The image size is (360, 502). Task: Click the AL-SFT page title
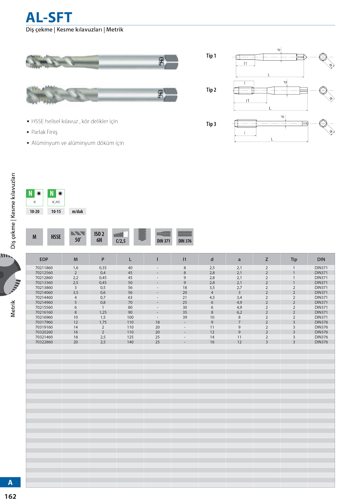pyautogui.click(x=49, y=17)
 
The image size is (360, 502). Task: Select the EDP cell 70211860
pyautogui.click(x=44, y=268)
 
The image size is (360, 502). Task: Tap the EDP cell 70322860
pyautogui.click(x=44, y=342)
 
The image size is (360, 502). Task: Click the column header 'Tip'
pyautogui.click(x=294, y=259)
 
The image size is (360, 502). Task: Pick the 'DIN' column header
pyautogui.click(x=321, y=259)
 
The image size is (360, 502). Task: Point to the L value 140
pyautogui.click(x=130, y=342)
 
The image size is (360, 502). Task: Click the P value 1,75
pyautogui.click(x=103, y=322)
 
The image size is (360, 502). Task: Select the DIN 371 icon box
pyautogui.click(x=163, y=237)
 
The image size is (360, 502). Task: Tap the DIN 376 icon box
pyautogui.click(x=185, y=237)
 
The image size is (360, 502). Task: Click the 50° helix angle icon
pyautogui.click(x=78, y=237)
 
